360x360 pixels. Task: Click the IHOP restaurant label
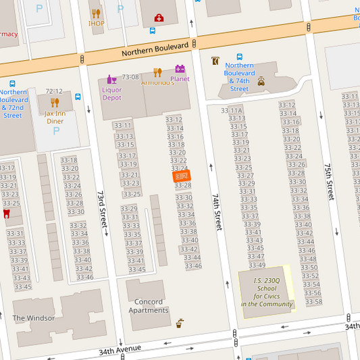point(96,23)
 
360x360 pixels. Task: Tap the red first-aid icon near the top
point(159,18)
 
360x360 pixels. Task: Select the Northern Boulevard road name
point(155,51)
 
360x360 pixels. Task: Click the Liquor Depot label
point(111,93)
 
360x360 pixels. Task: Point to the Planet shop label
point(180,79)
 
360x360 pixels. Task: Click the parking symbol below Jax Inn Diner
point(56,131)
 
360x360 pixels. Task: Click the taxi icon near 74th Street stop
point(261,81)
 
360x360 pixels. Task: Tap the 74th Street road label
point(216,213)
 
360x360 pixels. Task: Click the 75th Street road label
point(328,181)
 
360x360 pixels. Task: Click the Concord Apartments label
point(149,306)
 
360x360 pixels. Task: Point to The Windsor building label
point(33,317)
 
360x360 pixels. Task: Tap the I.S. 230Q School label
point(267,292)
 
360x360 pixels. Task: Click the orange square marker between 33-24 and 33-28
point(181,176)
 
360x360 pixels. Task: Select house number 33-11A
point(232,111)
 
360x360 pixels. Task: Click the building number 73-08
point(130,77)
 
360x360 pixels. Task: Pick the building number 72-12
point(53,91)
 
